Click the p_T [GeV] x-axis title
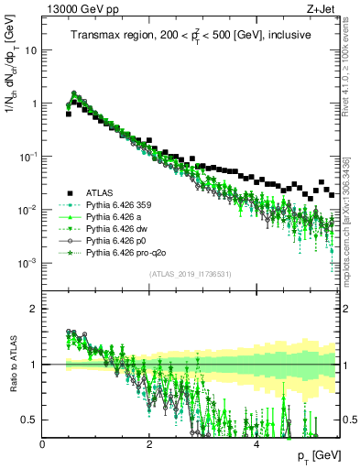tap(315, 455)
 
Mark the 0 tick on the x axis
tap(42, 442)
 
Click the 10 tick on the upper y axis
tap(30, 50)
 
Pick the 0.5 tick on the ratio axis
tap(28, 420)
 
